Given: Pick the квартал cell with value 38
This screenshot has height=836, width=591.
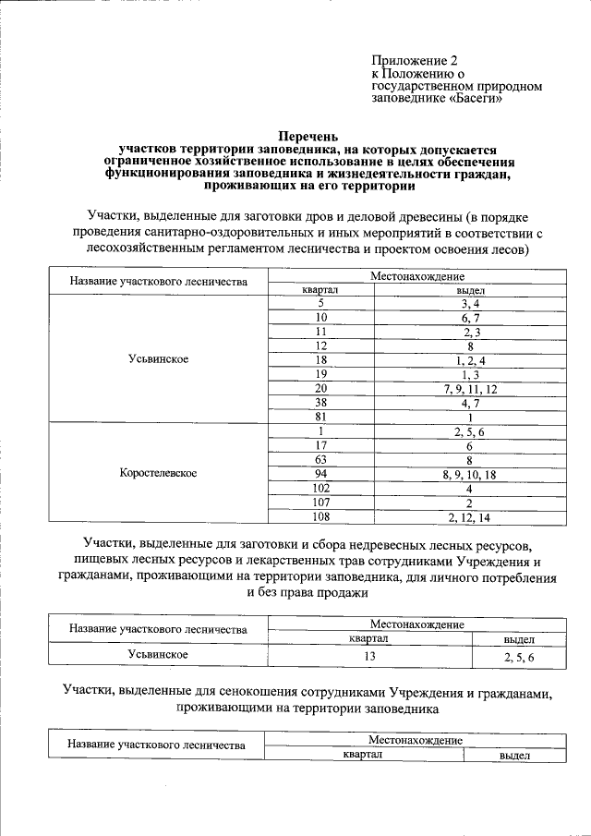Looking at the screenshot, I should coord(320,404).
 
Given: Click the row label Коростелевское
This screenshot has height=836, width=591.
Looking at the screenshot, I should coord(159,473).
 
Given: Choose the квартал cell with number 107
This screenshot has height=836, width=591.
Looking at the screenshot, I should coord(320,503).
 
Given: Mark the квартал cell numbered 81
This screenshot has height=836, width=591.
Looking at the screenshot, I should coord(320,418).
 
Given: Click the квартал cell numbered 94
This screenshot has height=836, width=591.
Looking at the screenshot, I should coord(320,474).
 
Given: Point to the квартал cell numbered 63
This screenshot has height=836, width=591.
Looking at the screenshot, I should coord(320,459).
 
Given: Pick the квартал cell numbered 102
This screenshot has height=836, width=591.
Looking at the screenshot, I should coord(320,488).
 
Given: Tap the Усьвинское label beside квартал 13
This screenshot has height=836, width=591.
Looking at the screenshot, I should coord(159,654).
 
